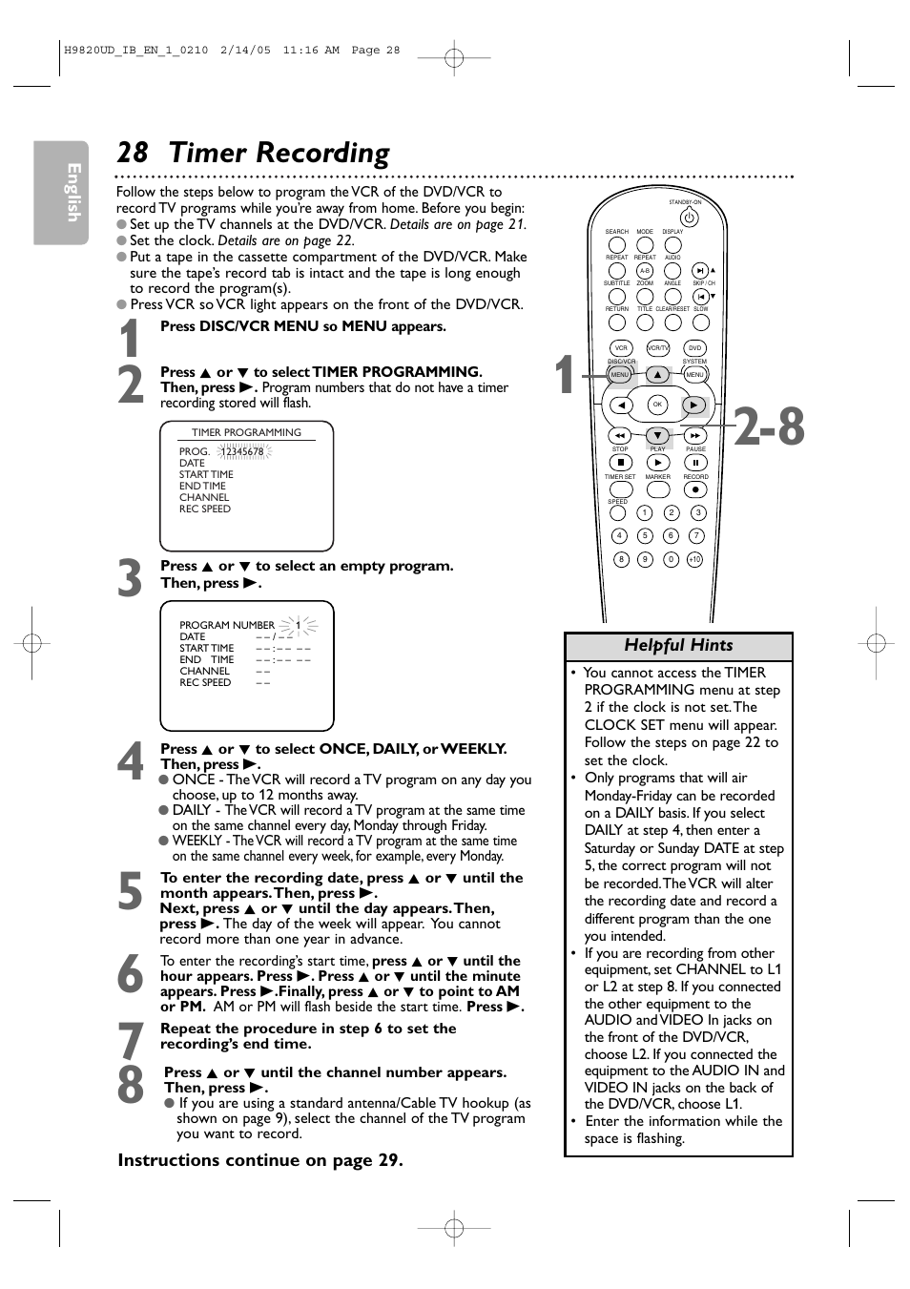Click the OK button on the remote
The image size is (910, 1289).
point(657,405)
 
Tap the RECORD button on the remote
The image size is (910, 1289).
point(695,489)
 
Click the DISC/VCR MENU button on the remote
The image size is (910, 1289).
point(620,375)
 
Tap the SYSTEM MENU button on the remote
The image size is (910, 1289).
point(694,375)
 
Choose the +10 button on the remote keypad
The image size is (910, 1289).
point(694,559)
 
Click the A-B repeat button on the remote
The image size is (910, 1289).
point(645,271)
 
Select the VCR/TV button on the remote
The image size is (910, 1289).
point(657,348)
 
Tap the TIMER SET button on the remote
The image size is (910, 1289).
point(620,489)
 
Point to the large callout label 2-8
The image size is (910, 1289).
point(770,426)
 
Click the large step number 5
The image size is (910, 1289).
point(130,892)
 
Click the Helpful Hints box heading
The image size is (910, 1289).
point(678,646)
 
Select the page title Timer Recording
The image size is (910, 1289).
point(279,154)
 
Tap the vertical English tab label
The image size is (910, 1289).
point(72,193)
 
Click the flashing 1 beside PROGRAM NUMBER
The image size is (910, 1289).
point(299,626)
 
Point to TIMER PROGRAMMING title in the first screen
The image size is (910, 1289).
point(246,432)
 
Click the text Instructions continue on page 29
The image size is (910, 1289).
point(260,1160)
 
